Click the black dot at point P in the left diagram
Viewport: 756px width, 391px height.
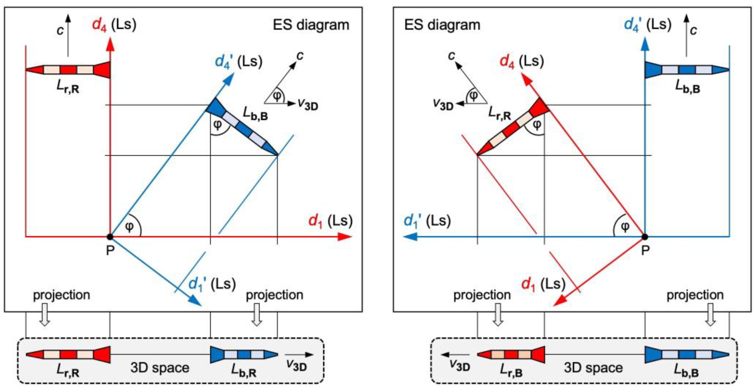(110, 236)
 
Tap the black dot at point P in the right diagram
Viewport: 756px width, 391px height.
(645, 236)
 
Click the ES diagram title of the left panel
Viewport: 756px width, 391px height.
(311, 25)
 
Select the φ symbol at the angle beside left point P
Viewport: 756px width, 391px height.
(129, 227)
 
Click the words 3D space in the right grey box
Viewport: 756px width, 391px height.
(593, 368)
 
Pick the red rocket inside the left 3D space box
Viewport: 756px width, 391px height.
(68, 355)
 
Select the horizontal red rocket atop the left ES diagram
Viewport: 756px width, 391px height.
(68, 70)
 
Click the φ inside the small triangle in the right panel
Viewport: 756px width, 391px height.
(473, 95)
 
